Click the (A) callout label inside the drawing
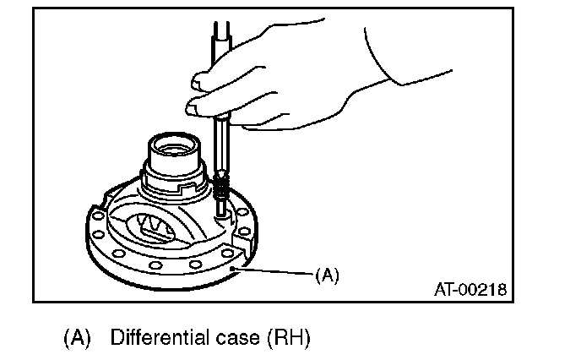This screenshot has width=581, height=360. tap(326, 275)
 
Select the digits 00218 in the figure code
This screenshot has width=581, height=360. tap(483, 290)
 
